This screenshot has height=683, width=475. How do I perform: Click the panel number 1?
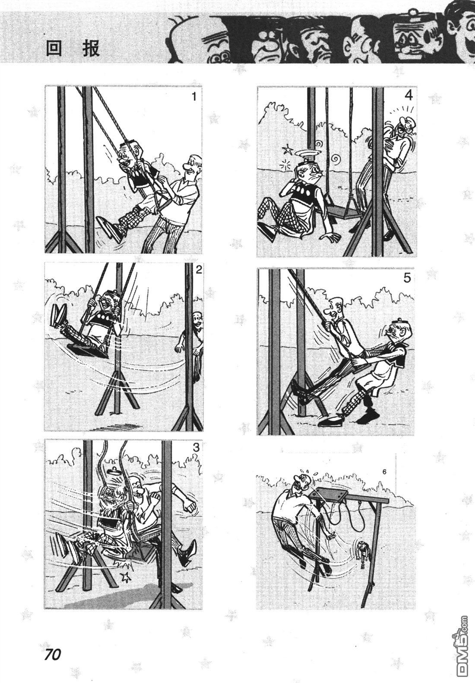194,96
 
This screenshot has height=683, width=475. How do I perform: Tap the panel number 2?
199,270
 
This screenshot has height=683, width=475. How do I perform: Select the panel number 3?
196,447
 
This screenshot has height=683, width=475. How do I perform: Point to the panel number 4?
408,96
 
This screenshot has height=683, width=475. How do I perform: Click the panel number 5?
407,278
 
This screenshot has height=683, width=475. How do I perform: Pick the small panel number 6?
384,472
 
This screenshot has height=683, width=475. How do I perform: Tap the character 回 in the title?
54,48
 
